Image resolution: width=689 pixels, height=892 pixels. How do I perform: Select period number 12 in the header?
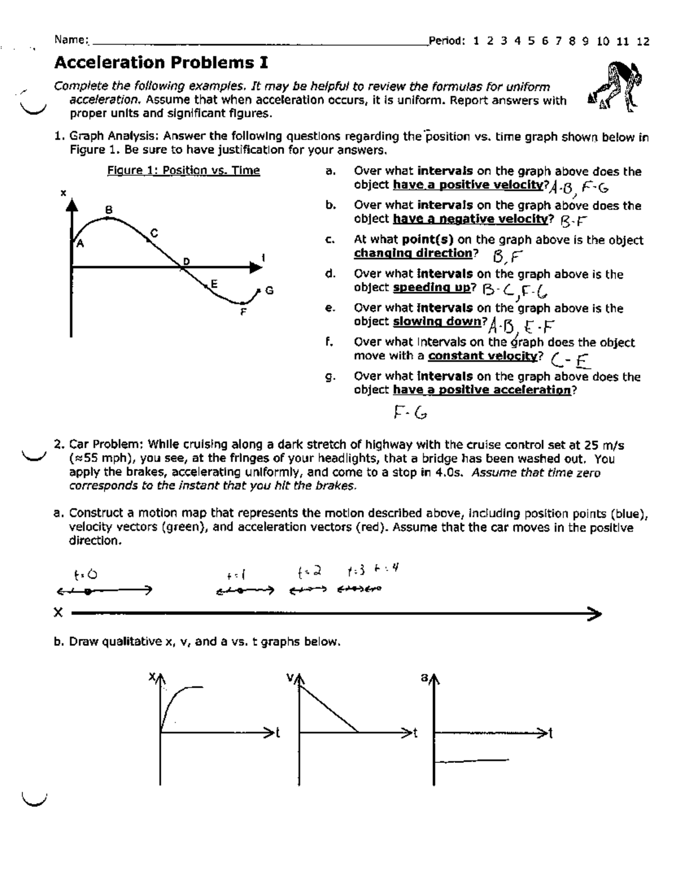[643, 41]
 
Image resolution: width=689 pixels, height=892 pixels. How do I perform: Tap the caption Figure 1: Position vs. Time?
[183, 170]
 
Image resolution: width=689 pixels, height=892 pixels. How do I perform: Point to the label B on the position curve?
[109, 210]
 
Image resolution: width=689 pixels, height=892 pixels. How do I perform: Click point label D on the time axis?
[185, 262]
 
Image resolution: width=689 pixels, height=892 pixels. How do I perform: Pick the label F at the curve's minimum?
[243, 313]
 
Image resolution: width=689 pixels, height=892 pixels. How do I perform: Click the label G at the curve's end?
[269, 291]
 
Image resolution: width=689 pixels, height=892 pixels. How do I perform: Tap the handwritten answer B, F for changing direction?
[505, 255]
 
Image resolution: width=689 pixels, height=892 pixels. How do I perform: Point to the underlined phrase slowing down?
[437, 322]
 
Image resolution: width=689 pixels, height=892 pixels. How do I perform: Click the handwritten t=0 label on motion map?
[86, 574]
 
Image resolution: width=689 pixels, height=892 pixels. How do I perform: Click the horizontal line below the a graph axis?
[472, 761]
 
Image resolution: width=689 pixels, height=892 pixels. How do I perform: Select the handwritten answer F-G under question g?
[410, 412]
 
